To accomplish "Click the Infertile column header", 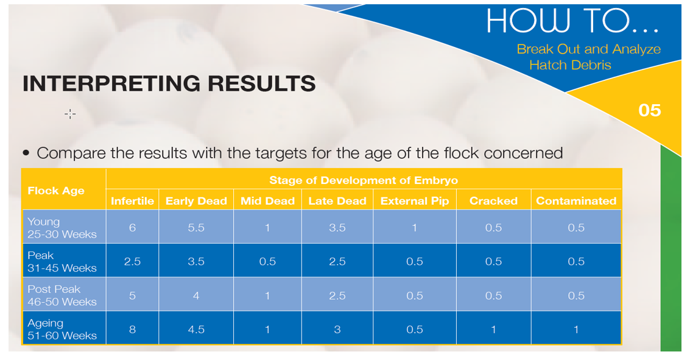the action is [132, 201].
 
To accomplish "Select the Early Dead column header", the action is [196, 201].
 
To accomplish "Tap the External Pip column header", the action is [415, 201].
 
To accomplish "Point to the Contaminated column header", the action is [576, 201].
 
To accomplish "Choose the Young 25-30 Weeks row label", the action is [62, 228].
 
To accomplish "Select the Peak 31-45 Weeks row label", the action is [62, 262].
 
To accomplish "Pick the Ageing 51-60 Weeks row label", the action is [62, 329].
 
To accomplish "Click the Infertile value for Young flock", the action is [132, 228].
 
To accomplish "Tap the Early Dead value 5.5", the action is [196, 228].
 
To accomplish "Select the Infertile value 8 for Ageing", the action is [132, 330].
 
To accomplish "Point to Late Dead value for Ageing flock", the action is [337, 330].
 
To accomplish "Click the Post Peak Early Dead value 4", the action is [196, 296].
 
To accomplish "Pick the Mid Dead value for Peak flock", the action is [267, 262].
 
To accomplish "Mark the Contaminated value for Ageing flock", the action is [576, 330].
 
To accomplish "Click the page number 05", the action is [650, 110].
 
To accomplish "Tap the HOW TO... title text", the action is [572, 21].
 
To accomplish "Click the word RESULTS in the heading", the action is [261, 83].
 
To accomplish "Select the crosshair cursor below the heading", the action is [70, 114].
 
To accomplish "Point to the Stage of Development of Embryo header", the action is [364, 180].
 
